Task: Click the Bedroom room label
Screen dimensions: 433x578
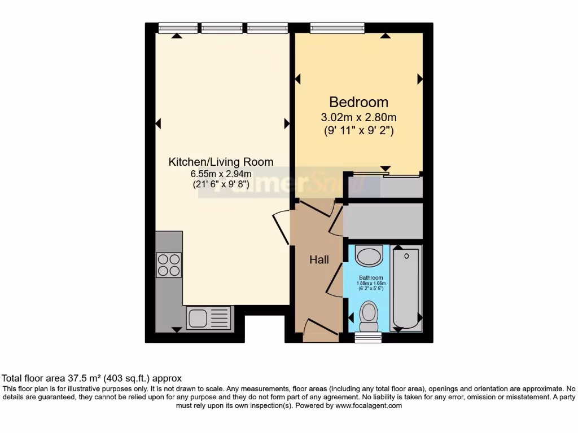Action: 358,102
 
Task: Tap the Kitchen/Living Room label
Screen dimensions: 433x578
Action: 221,162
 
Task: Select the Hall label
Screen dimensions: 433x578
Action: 319,260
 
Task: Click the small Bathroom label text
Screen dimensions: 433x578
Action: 371,278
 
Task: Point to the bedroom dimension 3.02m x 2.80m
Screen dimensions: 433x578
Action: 358,118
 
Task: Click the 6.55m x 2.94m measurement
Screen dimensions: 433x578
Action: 221,174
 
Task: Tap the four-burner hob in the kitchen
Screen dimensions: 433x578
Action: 169,265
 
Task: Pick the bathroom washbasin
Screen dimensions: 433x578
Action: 369,257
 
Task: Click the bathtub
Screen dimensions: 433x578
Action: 406,287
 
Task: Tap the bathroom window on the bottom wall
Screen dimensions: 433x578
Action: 369,337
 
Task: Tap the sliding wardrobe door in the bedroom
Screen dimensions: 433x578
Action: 384,174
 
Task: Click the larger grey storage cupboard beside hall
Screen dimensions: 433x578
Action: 383,221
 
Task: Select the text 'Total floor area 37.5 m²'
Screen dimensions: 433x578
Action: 67,378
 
